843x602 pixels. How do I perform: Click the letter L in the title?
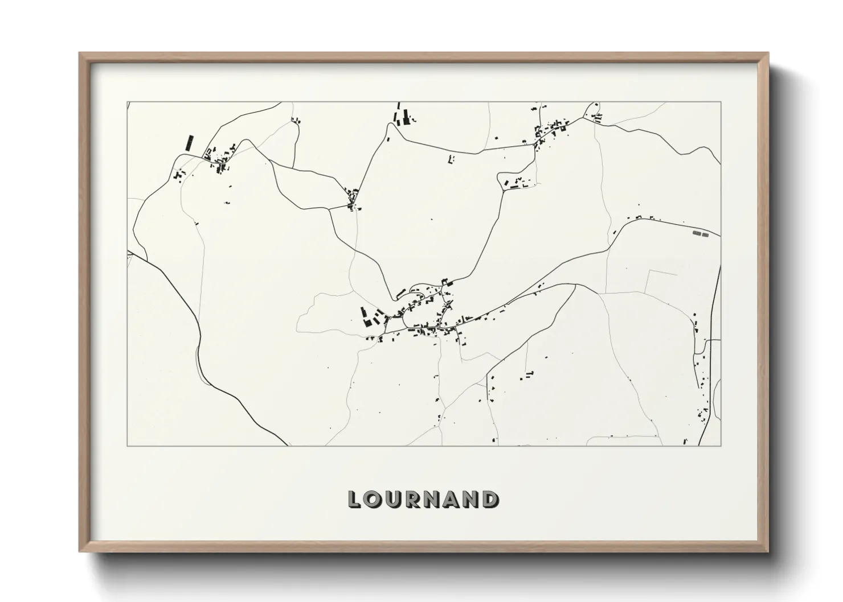point(354,500)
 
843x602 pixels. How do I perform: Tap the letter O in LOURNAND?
point(373,500)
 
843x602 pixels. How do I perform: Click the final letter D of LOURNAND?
point(490,500)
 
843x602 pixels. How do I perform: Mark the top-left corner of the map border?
point(128,102)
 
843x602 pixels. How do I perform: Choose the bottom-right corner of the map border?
point(721,446)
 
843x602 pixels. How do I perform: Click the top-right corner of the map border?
point(721,102)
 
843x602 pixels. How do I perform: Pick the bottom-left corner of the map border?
point(128,446)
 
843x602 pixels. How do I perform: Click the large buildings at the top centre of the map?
point(402,115)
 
